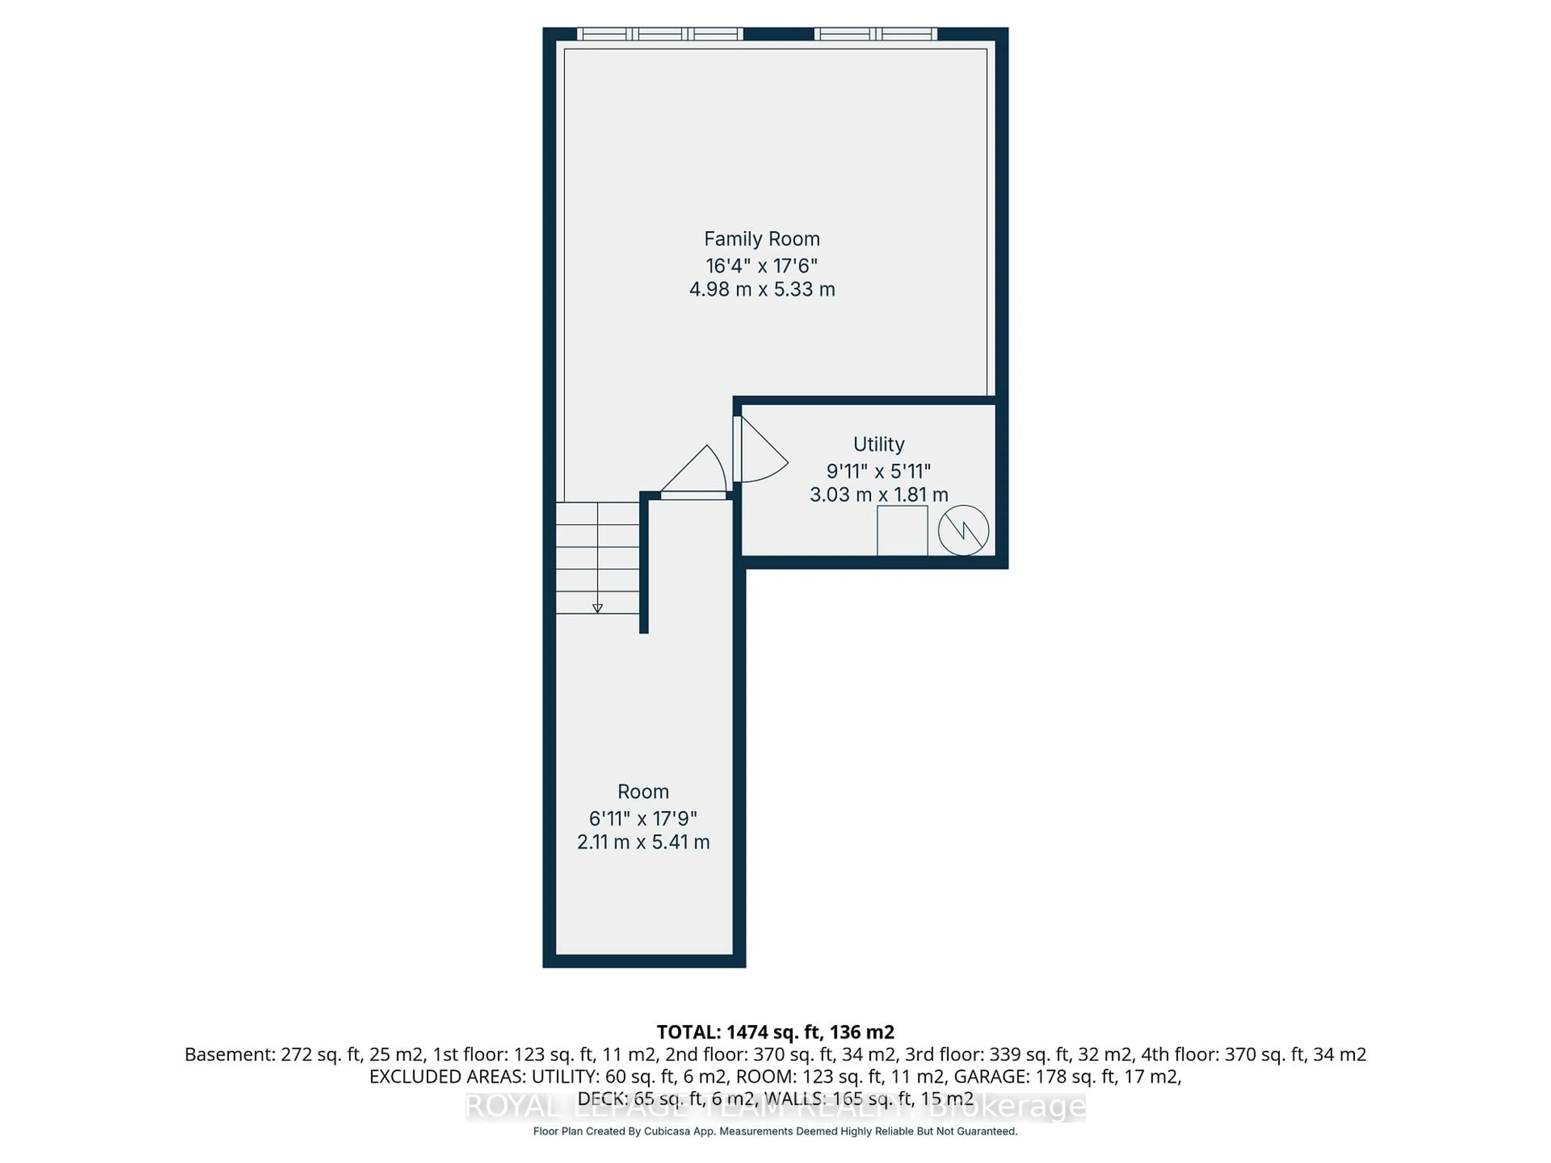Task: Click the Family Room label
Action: tap(761, 239)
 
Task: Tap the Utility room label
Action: tap(878, 445)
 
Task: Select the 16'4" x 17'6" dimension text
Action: tap(761, 266)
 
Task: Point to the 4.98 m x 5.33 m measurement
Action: tap(761, 290)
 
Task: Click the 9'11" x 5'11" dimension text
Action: tap(878, 471)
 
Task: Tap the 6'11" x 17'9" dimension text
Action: tap(643, 818)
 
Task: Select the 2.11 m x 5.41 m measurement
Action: tap(643, 842)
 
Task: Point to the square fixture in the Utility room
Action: tap(902, 531)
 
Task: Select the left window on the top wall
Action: tap(660, 34)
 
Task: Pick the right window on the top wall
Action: tap(875, 34)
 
